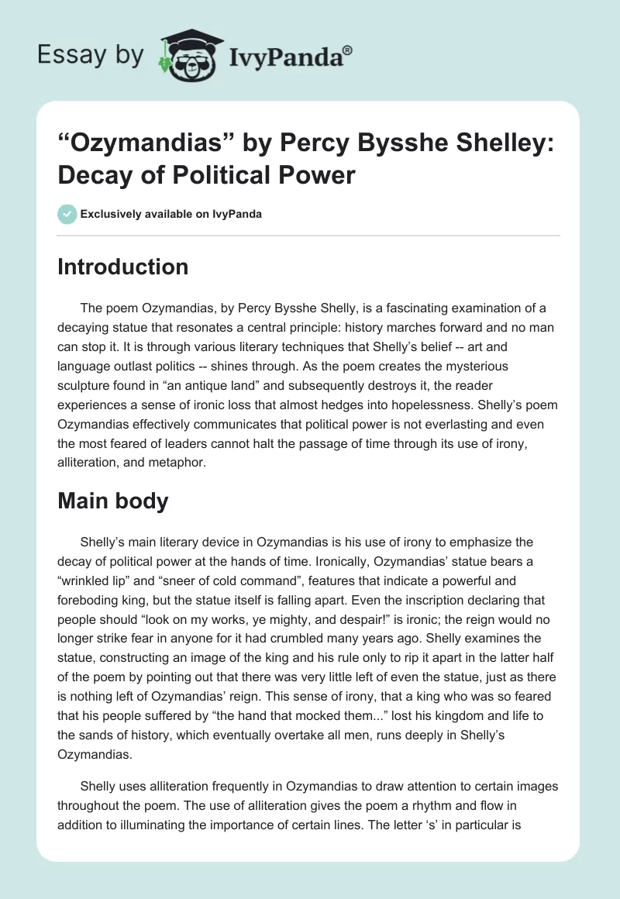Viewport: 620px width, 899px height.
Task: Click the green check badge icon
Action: (66, 214)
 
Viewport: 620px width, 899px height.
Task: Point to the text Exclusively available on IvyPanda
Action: (170, 214)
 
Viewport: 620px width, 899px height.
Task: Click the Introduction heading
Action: (122, 267)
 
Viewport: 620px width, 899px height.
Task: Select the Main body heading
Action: (112, 501)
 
